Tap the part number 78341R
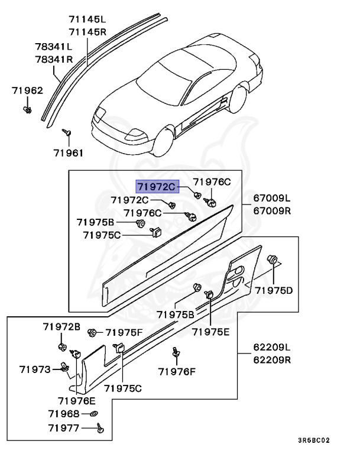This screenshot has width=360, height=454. (x=53, y=59)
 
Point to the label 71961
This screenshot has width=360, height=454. (x=69, y=153)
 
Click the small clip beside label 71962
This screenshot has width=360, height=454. (x=28, y=109)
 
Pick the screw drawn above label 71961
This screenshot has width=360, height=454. (x=68, y=132)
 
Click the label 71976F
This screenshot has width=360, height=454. (x=177, y=372)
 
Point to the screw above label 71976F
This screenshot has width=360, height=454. (x=176, y=352)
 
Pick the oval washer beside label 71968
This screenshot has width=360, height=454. (x=95, y=414)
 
